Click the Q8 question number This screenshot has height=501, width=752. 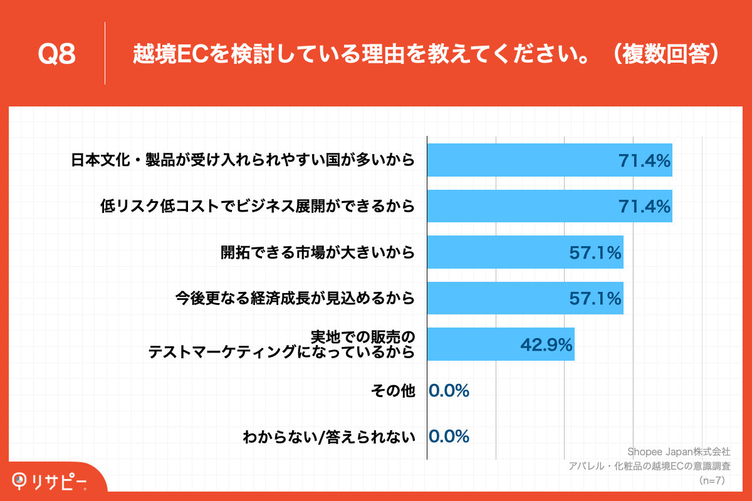56,54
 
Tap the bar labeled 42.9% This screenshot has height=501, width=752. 500,344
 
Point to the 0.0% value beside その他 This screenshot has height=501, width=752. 449,391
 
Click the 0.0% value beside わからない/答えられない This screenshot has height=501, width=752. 449,436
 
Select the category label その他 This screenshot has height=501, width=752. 393,391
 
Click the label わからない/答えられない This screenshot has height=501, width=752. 329,437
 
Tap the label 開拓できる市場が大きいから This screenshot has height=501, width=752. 318,252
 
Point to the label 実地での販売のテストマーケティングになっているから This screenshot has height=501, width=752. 281,344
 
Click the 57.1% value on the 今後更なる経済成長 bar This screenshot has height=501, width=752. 595,298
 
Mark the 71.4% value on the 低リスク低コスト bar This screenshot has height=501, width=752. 645,205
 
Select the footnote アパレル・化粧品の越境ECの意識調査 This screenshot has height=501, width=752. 649,466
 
